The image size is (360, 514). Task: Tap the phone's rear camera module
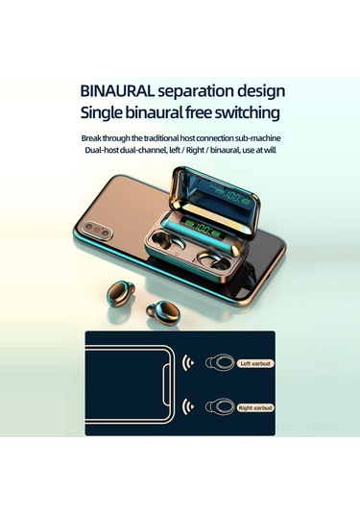tap(97, 230)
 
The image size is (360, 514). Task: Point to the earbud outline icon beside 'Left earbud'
tap(219, 363)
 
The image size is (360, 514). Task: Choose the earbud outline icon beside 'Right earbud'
tap(219, 407)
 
